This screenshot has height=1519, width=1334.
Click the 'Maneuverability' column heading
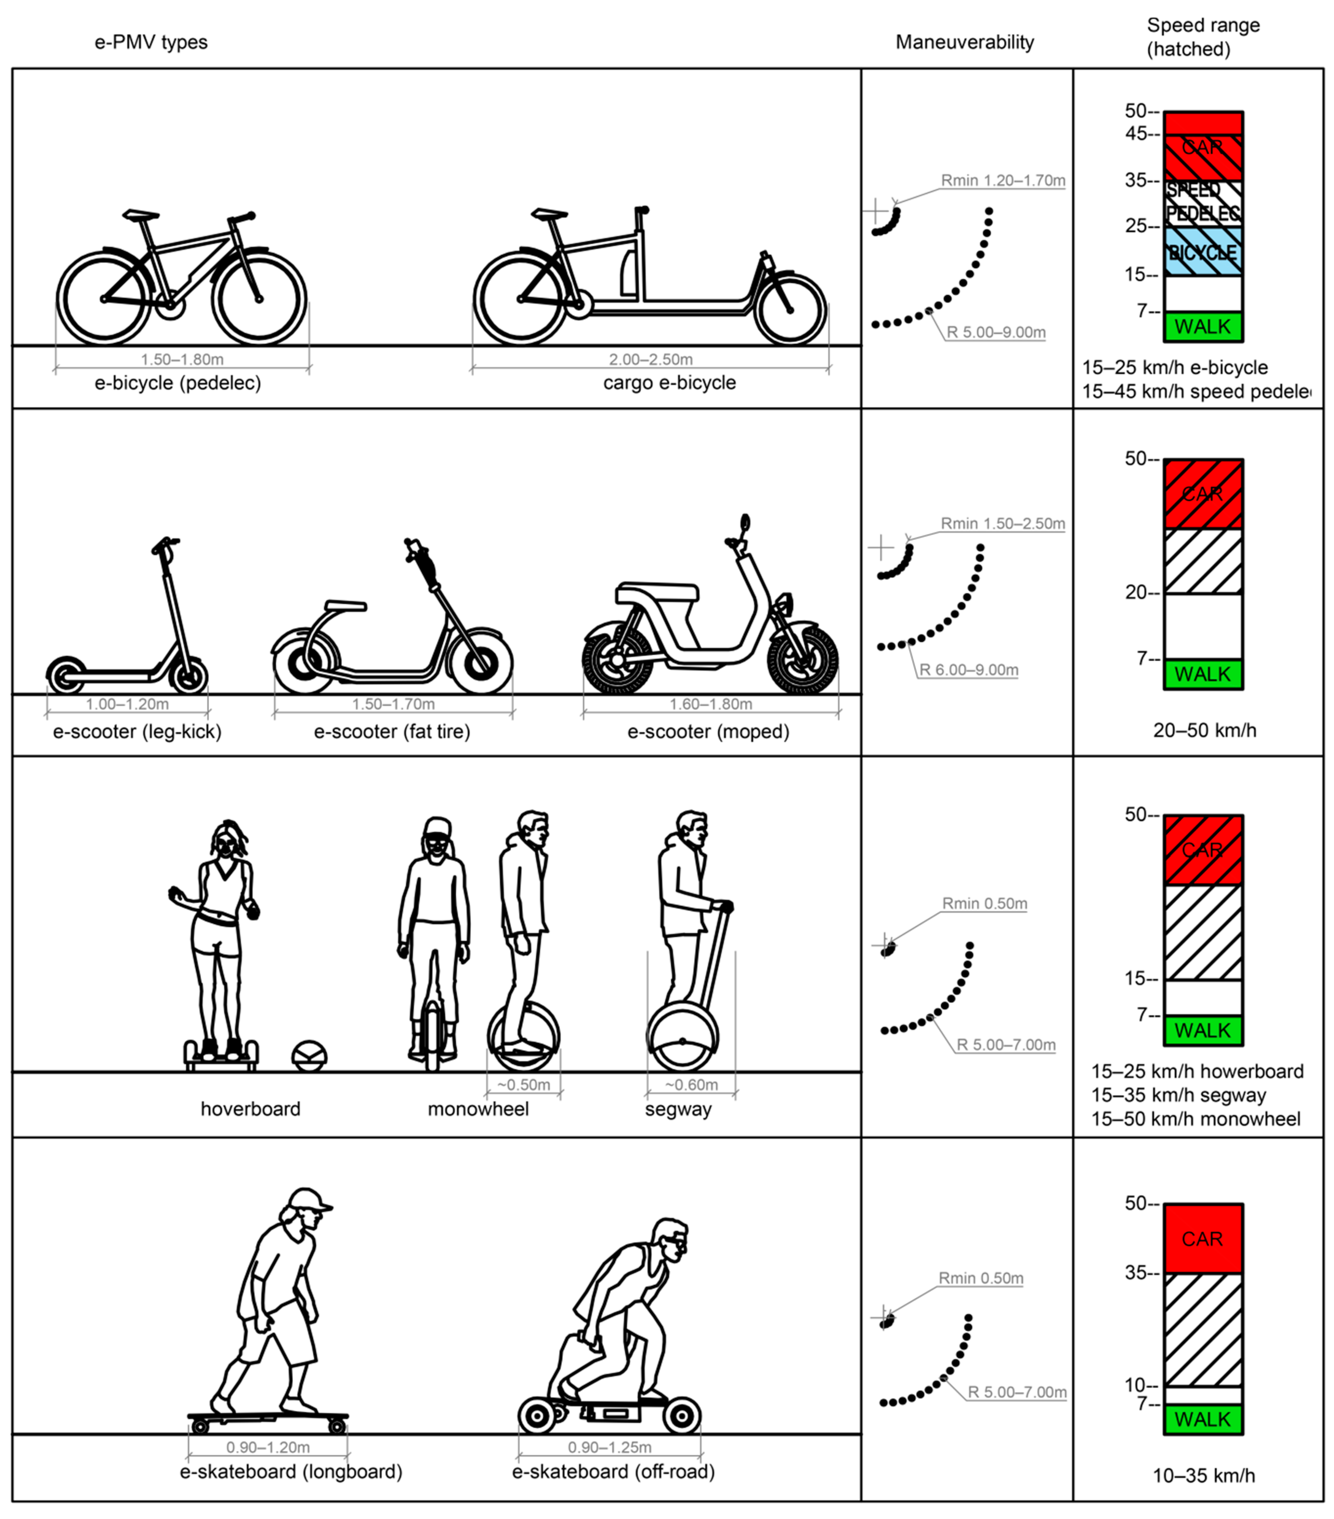pos(964,42)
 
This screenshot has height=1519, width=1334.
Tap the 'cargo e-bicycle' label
pos(669,383)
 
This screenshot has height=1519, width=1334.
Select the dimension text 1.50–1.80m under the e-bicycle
pos(182,360)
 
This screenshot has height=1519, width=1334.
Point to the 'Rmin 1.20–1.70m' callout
pos(1003,180)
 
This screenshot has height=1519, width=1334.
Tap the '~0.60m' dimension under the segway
pos(691,1085)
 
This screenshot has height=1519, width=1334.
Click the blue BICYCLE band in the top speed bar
pos(1203,251)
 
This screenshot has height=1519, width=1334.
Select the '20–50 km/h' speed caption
pos(1204,731)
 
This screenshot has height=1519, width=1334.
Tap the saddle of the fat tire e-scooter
pos(345,606)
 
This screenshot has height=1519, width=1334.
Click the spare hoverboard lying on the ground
pos(309,1055)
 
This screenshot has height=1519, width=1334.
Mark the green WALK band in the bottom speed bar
pos(1203,1419)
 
